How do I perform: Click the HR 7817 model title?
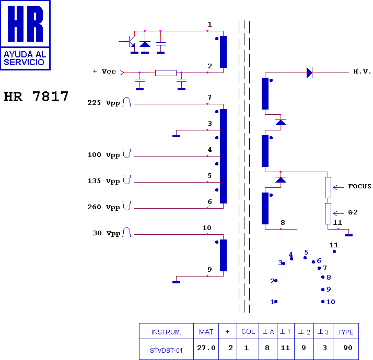point(36,97)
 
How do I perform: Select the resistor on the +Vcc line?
point(166,73)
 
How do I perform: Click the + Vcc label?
point(104,71)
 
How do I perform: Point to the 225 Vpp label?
point(103,103)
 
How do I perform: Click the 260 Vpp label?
point(103,207)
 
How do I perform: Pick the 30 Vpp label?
point(107,233)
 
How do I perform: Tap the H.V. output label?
point(362,71)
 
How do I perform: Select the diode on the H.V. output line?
point(309,73)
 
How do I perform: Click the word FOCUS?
point(359,186)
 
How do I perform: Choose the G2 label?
point(353,212)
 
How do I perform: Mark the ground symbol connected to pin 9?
point(176,282)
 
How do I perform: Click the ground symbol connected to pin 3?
point(176,136)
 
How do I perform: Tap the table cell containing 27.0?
point(206,349)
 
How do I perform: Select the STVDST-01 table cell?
point(166,349)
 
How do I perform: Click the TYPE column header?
point(346,331)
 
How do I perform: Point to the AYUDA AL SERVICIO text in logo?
point(25,58)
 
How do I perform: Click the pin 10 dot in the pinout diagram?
point(323,302)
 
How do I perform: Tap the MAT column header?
point(206,331)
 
